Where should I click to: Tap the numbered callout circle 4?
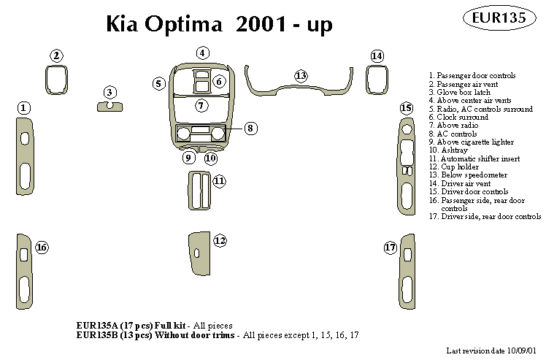click(x=202, y=53)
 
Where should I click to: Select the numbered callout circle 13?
click(x=301, y=75)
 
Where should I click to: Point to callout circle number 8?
click(x=250, y=129)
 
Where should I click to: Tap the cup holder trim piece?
click(x=199, y=252)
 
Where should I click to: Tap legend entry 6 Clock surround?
click(x=458, y=117)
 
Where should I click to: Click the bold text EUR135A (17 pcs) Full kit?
click(x=131, y=325)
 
